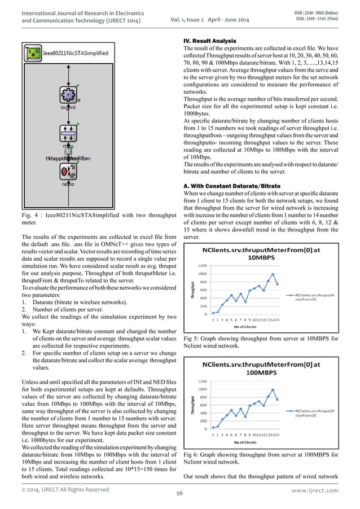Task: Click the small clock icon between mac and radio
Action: pos(68,151)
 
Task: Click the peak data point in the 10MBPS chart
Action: pos(273,274)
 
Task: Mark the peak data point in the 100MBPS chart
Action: pos(273,390)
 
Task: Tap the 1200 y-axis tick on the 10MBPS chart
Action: pos(201,266)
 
